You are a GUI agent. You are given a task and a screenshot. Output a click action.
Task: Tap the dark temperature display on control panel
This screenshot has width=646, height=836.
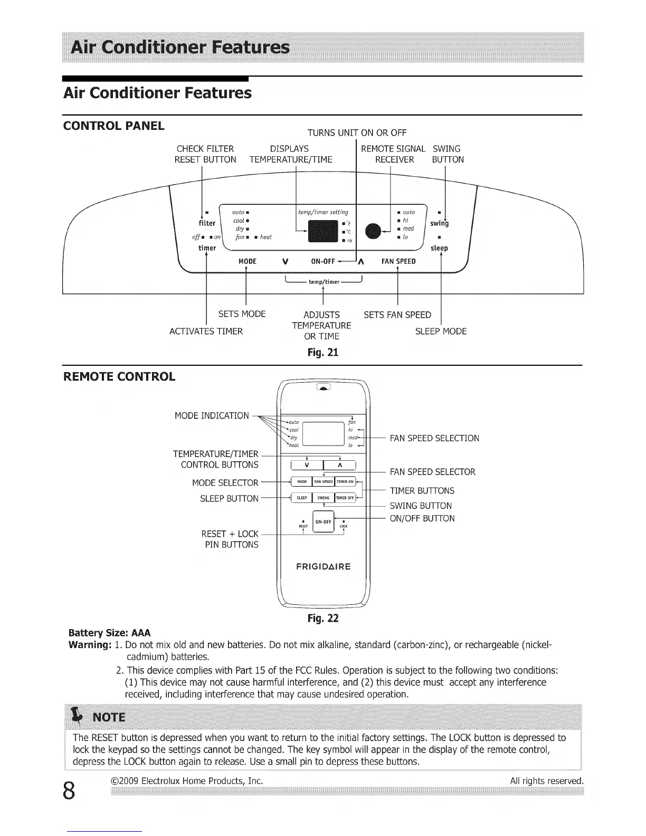pos(323,231)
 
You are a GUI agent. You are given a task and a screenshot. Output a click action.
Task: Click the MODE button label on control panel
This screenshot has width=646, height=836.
pos(247,261)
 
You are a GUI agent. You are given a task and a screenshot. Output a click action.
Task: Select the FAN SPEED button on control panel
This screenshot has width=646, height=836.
pos(398,261)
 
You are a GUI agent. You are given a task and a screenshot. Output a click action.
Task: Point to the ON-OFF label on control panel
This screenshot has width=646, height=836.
pos(323,261)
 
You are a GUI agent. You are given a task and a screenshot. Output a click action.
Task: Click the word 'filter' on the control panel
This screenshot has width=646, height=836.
pos(207,223)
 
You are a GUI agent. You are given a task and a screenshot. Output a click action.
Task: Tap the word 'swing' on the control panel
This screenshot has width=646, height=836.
pos(439,223)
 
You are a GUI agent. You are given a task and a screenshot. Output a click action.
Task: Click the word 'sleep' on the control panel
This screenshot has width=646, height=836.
pos(439,248)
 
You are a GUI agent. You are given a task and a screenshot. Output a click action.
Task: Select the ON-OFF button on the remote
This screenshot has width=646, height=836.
pos(323,522)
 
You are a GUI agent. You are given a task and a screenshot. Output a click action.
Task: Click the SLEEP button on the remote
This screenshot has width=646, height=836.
pos(301,498)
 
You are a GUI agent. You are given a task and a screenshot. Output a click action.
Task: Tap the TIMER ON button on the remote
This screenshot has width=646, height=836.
pos(345,481)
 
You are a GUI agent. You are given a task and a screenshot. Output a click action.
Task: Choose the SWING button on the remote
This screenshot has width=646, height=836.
pos(323,498)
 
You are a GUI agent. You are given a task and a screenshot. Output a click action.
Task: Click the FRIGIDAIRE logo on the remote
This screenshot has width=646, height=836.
pos(323,567)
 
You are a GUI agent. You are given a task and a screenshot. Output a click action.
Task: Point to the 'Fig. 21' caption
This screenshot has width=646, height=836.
pos(322,352)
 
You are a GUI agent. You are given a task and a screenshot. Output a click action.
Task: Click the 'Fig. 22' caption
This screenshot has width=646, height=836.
pos(322,618)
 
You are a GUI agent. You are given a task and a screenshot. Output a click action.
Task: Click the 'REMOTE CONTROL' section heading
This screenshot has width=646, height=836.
pos(119,377)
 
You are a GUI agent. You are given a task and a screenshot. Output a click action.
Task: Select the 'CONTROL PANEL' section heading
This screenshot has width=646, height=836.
pos(113,126)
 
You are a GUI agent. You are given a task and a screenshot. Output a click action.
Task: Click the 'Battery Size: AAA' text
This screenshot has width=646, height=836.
pos(110,633)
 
